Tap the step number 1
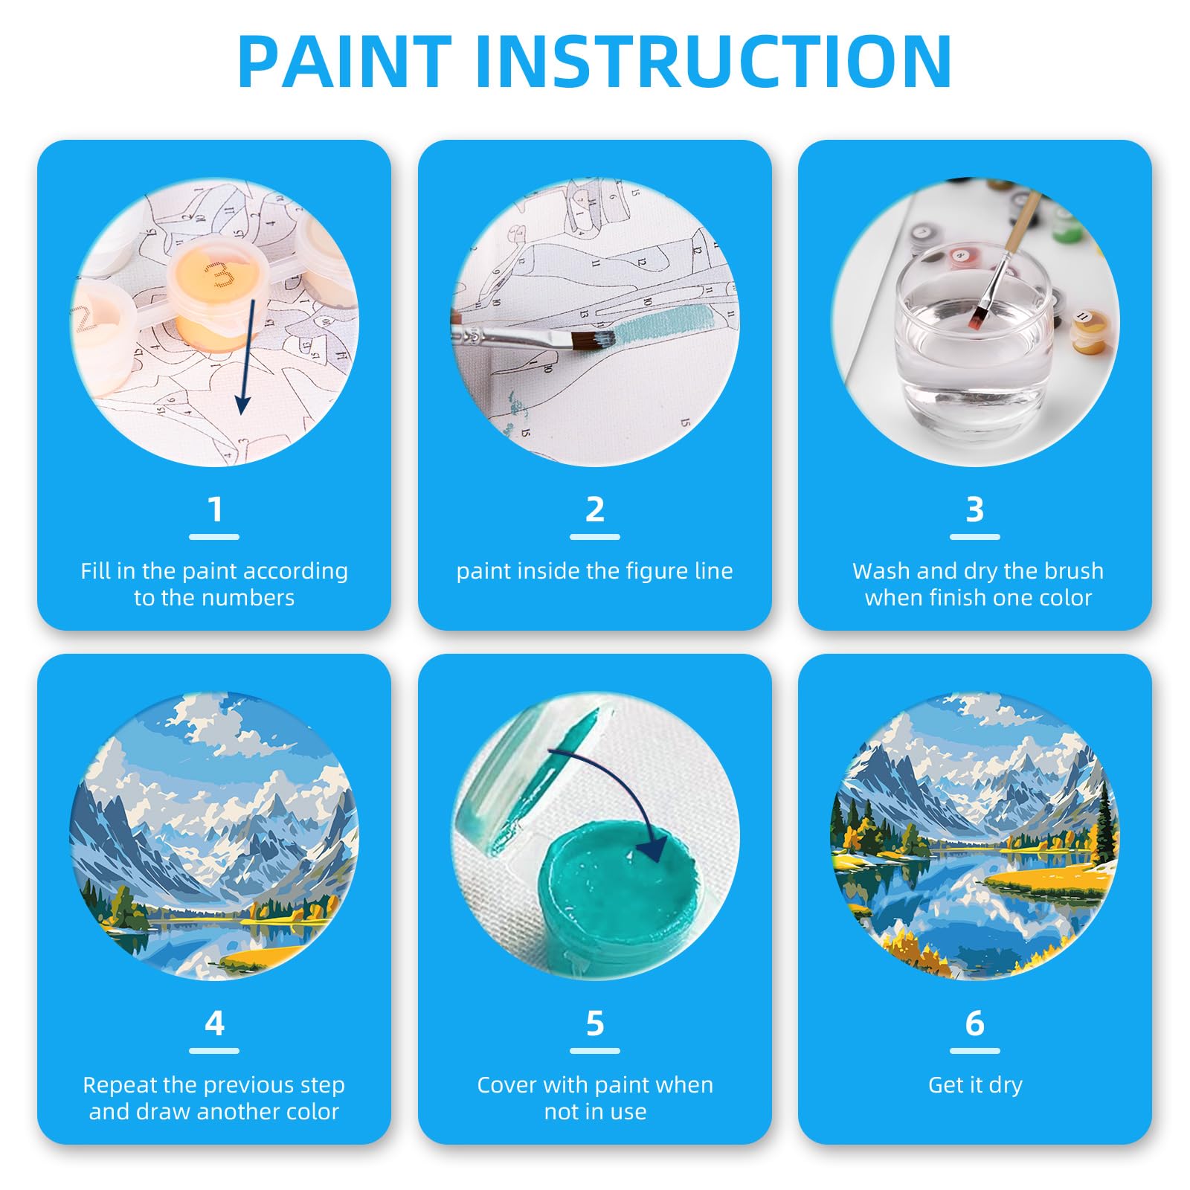pyautogui.click(x=214, y=510)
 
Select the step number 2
pyautogui.click(x=594, y=510)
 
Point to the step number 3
pyautogui.click(x=974, y=510)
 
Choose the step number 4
pyautogui.click(x=214, y=1024)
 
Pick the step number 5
pyautogui.click(x=594, y=1024)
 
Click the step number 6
pyautogui.click(x=974, y=1024)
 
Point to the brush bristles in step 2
pyautogui.click(x=594, y=340)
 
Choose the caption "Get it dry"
pyautogui.click(x=975, y=1085)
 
